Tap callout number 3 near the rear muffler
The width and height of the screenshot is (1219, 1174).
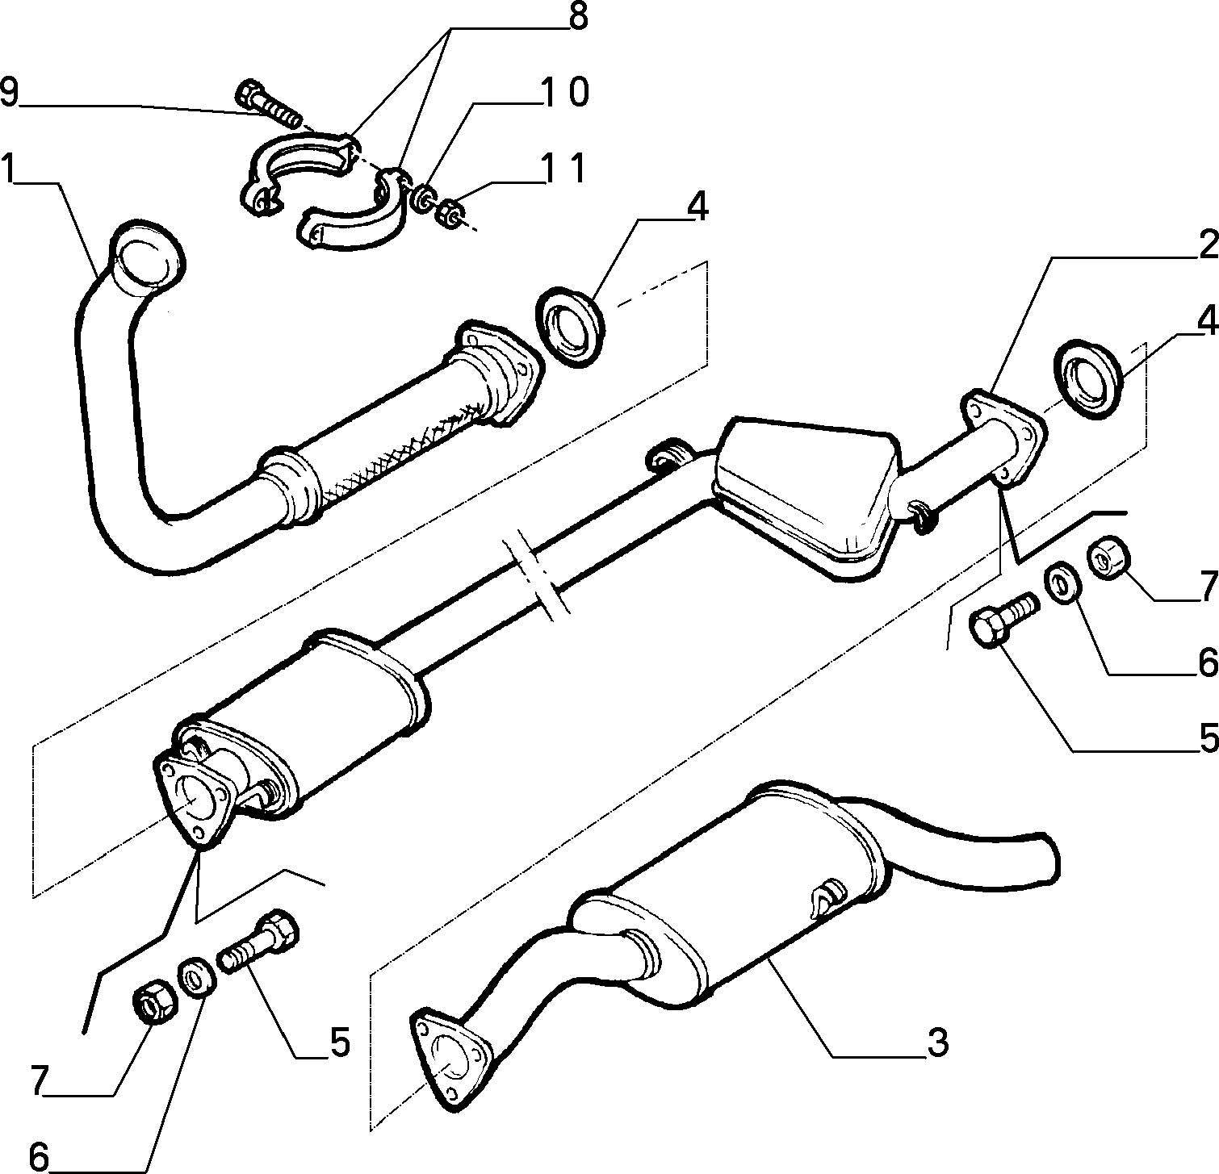(936, 1042)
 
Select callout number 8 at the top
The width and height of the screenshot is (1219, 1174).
(577, 18)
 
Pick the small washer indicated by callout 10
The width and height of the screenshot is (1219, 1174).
(422, 198)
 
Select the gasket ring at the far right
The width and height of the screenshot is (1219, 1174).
(1088, 378)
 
